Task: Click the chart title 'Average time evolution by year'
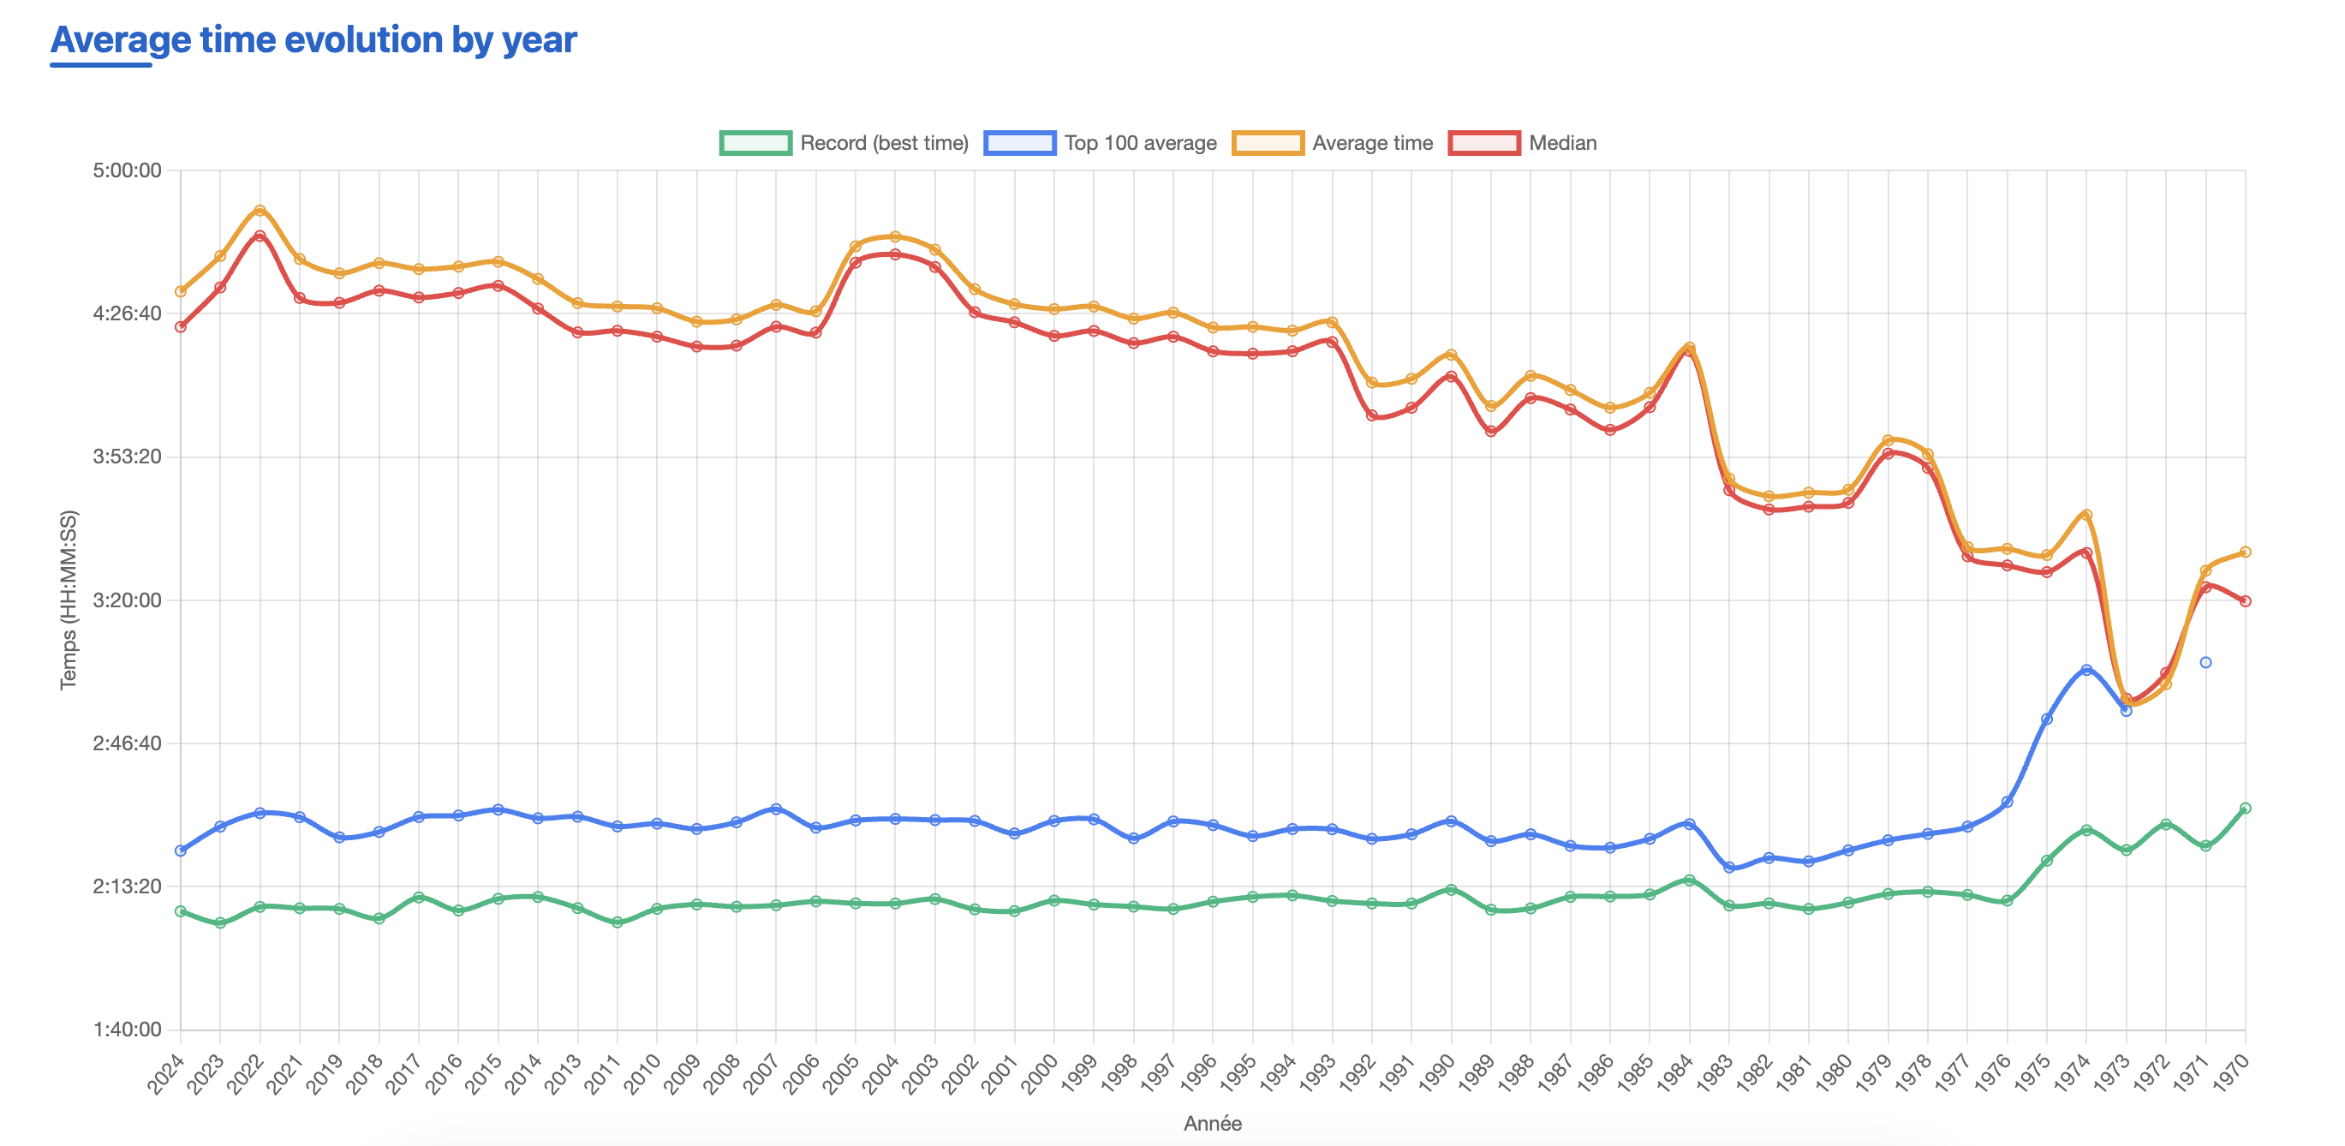pos(313,40)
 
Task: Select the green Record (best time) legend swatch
pos(755,143)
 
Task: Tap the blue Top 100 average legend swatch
pos(1018,143)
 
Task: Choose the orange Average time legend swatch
pos(1268,143)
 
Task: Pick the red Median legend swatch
pos(1484,143)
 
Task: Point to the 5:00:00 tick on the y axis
pos(127,170)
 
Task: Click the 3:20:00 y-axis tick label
pos(127,600)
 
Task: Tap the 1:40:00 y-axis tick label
pos(127,1030)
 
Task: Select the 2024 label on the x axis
pos(167,1073)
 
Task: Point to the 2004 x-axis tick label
pos(881,1073)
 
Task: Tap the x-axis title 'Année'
pos(1212,1123)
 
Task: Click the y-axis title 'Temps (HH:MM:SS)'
pos(69,600)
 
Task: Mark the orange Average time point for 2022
pos(260,210)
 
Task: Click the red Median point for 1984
pos(1690,351)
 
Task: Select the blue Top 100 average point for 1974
pos(2086,670)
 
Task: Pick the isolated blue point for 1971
pos(2205,663)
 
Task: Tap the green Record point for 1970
pos(2246,809)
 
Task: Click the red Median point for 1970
pos(2246,600)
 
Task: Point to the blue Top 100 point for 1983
pos(1729,868)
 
